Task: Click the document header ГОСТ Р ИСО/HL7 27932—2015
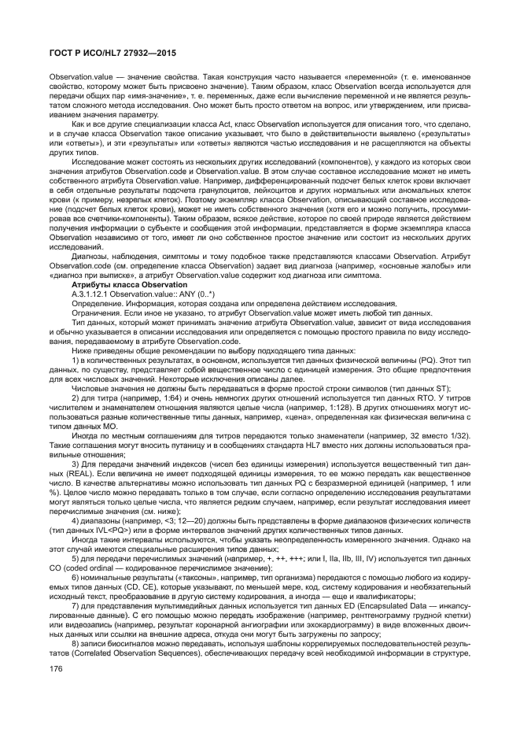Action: tap(108, 53)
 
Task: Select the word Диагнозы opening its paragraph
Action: tap(92, 257)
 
